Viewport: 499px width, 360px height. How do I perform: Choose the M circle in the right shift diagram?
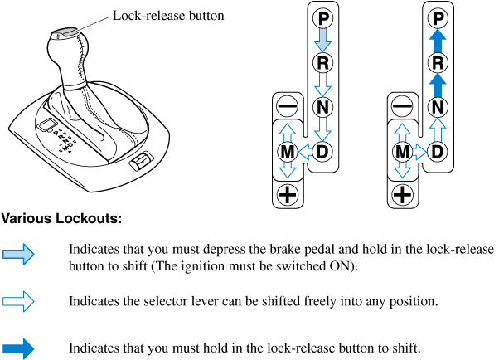[402, 151]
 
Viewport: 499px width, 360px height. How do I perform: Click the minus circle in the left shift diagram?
[286, 106]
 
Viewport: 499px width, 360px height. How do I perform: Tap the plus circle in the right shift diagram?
[402, 196]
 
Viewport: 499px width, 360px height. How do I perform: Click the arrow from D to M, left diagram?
[304, 151]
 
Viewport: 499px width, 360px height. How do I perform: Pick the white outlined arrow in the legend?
[17, 301]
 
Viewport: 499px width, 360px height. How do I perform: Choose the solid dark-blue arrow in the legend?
[17, 348]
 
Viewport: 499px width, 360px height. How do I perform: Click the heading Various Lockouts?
[61, 220]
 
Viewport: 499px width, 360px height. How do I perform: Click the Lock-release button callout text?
[167, 16]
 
